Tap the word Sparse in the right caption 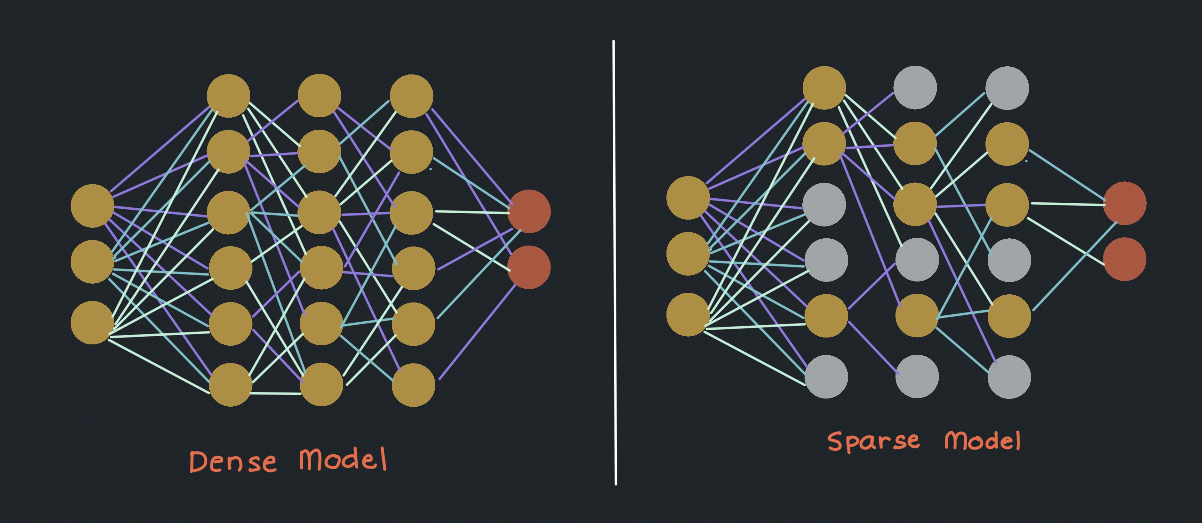pos(873,442)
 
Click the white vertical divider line pos(615,261)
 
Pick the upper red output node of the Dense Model pos(529,211)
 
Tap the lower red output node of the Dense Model pos(529,267)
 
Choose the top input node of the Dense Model pos(92,206)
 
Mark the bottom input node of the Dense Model pos(92,323)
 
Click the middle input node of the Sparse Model pos(688,254)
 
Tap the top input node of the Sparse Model pos(688,197)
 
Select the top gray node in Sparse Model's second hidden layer pos(915,87)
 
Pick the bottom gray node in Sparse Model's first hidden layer pos(826,377)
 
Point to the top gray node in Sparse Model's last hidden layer pos(1007,88)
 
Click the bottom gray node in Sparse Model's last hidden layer pos(1009,377)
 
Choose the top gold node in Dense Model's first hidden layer pos(229,96)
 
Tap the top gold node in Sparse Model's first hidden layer pos(824,88)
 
